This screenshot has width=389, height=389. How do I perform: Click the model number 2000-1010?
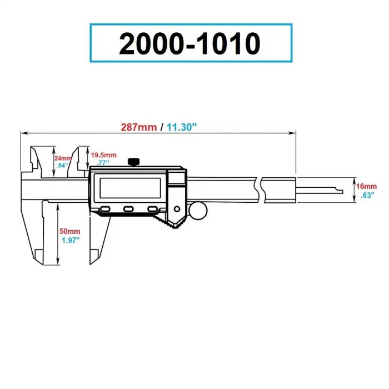pos(190,43)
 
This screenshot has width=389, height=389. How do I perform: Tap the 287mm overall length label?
pos(139,127)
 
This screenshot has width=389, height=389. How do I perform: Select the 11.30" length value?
pos(182,127)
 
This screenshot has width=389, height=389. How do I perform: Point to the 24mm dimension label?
pos(63,158)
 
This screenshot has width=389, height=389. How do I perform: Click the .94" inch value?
pos(62,165)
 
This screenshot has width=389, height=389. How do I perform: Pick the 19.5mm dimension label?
pos(104,154)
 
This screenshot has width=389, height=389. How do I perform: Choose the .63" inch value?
pos(367,194)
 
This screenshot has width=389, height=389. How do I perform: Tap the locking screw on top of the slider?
pos(133,162)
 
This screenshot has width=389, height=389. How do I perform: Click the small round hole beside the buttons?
pos(177,209)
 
